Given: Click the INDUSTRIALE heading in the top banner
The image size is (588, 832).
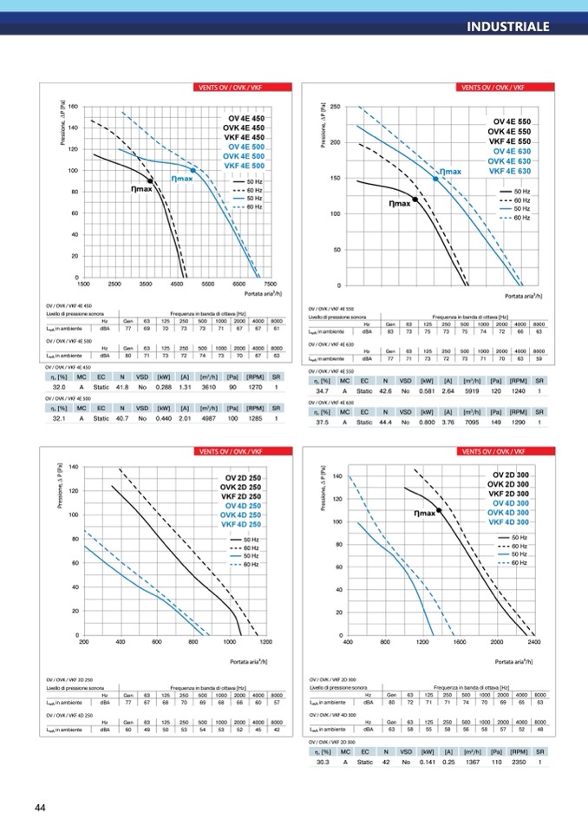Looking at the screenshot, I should coord(507,25).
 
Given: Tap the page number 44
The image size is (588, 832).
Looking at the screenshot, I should coord(40,808).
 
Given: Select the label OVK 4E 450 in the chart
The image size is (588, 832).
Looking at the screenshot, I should coord(246,128).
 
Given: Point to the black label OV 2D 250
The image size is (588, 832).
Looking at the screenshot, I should coord(243,478).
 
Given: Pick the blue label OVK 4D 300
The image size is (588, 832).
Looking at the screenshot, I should coord(510,513).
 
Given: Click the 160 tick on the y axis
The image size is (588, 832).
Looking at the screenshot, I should coord(73,107).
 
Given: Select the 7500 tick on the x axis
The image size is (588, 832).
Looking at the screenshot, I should coord(270,284).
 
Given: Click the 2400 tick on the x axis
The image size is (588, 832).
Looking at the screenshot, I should coord(533,643).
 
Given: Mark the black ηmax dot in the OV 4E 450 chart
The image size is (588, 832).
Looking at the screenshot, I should coord(151,180).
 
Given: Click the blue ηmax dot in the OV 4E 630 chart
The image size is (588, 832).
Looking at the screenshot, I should coord(435,178).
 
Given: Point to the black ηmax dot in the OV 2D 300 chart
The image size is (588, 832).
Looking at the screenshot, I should coord(440,511).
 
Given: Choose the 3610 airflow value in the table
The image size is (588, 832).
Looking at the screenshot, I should coord(208,387).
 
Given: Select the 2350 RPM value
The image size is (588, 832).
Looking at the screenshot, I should coord(517,763).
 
